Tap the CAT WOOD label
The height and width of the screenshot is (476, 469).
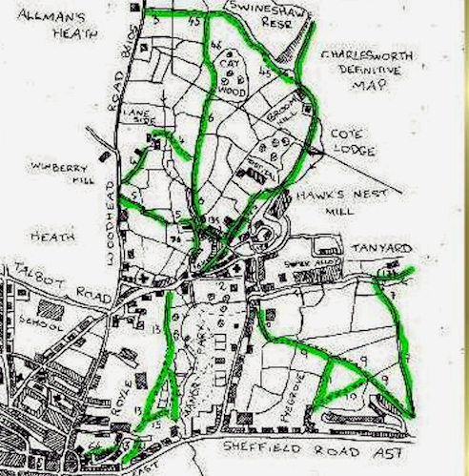click(x=229, y=75)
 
